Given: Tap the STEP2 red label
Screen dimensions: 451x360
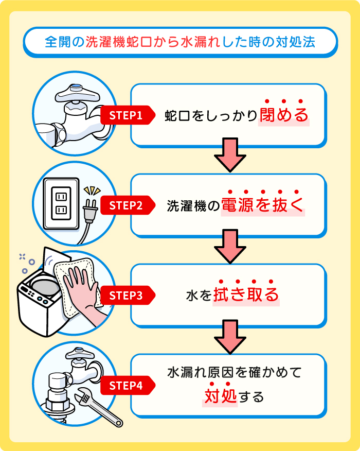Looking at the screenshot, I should [125, 205].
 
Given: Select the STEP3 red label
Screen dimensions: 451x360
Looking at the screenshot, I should [125, 296].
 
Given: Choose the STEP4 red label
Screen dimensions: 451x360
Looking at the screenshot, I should [125, 385].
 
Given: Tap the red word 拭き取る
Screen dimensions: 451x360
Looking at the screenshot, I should [246, 295].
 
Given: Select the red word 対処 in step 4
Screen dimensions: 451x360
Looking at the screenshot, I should [220, 397].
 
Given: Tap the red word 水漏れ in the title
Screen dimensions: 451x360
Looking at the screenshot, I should [201, 42].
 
